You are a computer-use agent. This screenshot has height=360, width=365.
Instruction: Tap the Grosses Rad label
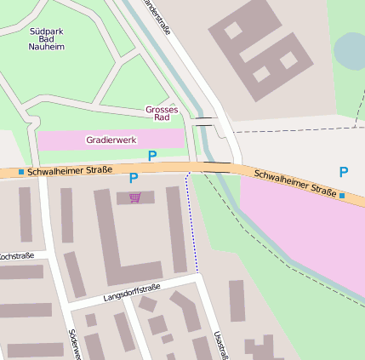[162, 114]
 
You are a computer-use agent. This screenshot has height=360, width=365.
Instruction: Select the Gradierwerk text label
[110, 140]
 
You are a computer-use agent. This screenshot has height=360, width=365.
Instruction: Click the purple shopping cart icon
[134, 198]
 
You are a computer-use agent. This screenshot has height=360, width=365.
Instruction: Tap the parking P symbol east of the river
[344, 172]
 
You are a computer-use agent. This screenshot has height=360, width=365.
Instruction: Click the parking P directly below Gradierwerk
[152, 156]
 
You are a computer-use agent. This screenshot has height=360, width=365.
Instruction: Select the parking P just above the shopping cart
[133, 178]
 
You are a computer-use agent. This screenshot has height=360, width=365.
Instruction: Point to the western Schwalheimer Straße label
[70, 171]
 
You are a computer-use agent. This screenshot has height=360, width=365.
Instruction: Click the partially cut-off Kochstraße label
[17, 256]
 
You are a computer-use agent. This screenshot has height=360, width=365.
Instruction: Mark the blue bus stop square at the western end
[21, 172]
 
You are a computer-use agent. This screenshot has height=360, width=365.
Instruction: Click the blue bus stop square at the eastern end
[342, 197]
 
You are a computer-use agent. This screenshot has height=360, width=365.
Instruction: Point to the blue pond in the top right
[351, 51]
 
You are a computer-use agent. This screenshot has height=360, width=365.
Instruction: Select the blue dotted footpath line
[192, 226]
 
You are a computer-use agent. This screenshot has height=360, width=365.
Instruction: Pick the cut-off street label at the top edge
[158, 17]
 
